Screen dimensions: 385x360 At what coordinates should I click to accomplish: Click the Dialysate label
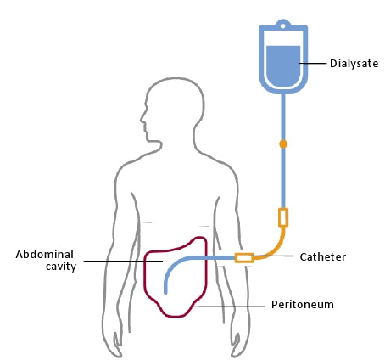click(x=354, y=64)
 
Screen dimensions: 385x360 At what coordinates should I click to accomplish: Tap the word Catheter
click(x=322, y=257)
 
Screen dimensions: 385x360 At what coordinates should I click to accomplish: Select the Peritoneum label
click(x=303, y=305)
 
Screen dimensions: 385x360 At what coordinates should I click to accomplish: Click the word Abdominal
click(x=45, y=254)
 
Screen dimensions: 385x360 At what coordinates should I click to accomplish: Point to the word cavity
click(x=61, y=267)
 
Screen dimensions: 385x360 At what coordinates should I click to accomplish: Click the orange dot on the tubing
click(x=283, y=144)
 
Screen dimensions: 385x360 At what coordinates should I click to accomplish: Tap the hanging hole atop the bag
click(x=282, y=26)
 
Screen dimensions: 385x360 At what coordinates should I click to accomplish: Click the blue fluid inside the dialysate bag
click(x=283, y=65)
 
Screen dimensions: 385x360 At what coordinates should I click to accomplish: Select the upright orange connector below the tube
click(x=283, y=217)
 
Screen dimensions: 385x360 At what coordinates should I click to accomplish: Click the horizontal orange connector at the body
click(x=244, y=258)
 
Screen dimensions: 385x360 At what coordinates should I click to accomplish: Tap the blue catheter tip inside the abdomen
click(x=165, y=292)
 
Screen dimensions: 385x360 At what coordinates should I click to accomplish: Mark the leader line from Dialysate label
click(x=312, y=63)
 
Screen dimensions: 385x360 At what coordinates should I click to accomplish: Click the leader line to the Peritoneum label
click(x=228, y=307)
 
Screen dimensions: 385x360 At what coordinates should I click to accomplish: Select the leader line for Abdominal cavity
click(x=123, y=261)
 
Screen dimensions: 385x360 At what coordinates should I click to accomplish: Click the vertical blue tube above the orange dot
click(x=283, y=117)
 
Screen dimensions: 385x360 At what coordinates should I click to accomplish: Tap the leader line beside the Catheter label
click(x=271, y=256)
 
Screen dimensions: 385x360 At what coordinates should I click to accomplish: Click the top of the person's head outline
click(x=176, y=78)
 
